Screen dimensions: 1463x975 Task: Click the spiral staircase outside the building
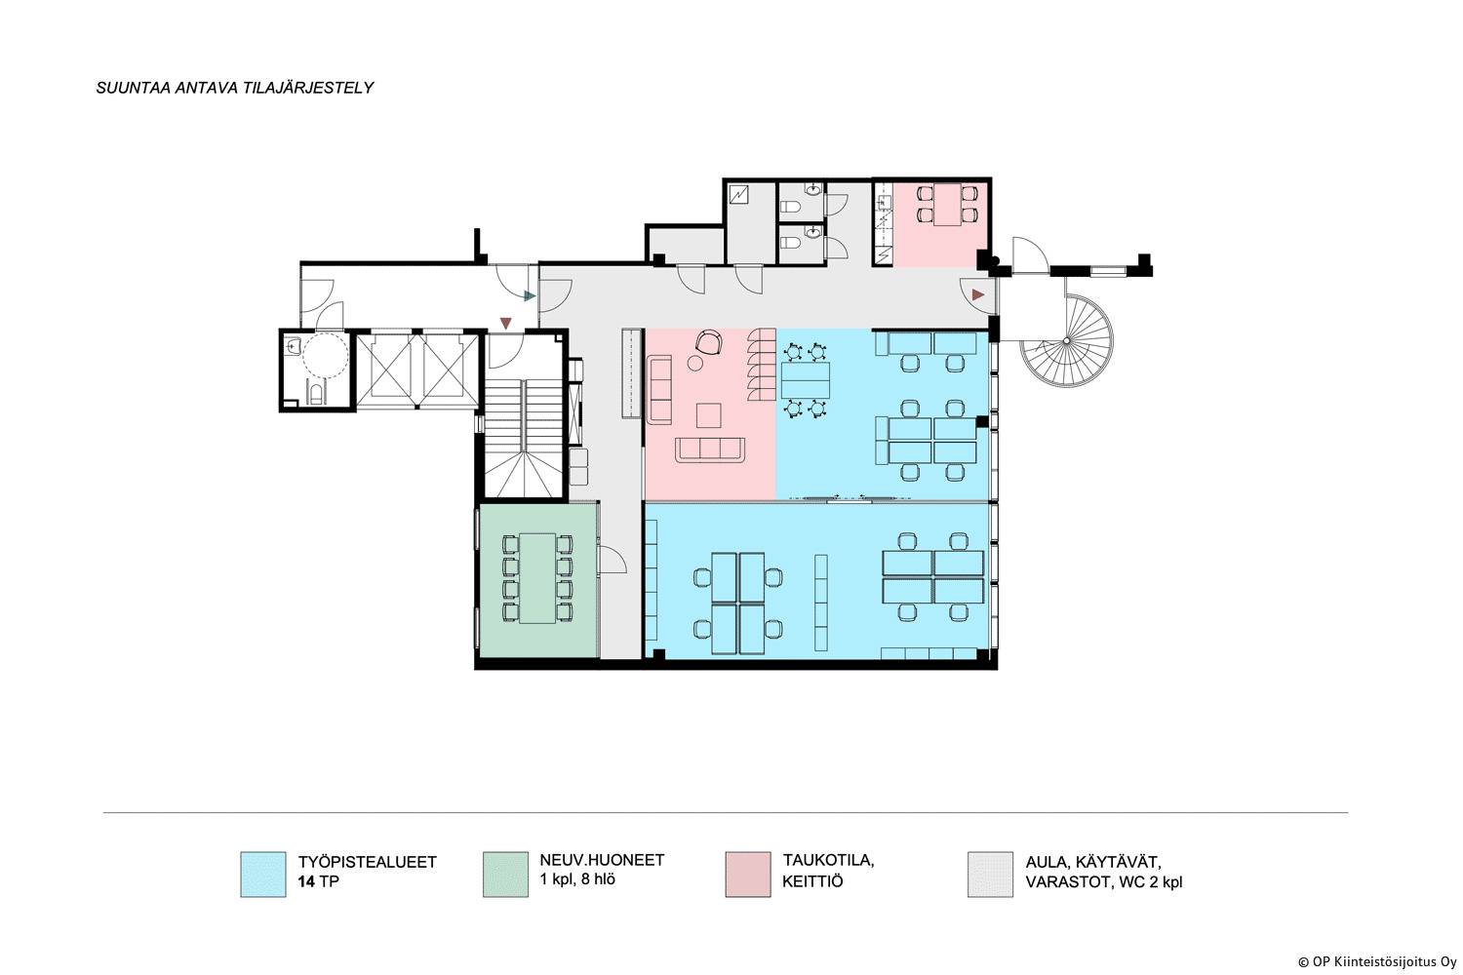pos(1067,340)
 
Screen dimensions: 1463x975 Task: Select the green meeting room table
pos(537,578)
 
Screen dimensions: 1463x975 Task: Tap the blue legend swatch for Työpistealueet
pos(263,875)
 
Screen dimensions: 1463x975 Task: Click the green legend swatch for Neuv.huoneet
pos(505,875)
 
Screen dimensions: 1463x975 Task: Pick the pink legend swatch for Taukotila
pos(748,875)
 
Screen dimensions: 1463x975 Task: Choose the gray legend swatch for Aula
pos(990,875)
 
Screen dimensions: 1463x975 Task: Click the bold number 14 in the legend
pos(306,881)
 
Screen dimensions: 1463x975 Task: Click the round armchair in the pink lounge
pos(709,342)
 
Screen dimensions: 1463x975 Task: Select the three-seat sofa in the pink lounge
pos(710,449)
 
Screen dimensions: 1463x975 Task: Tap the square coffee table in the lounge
pos(709,415)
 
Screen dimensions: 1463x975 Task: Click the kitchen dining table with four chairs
pos(947,204)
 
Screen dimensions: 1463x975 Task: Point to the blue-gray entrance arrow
pos(530,295)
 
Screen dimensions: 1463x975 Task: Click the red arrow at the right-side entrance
pos(977,295)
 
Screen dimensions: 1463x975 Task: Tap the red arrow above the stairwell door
pos(505,323)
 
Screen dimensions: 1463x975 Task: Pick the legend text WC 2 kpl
pos(1150,882)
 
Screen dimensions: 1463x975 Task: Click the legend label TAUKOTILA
pos(828,860)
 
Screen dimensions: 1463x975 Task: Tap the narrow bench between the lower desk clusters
pos(821,603)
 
